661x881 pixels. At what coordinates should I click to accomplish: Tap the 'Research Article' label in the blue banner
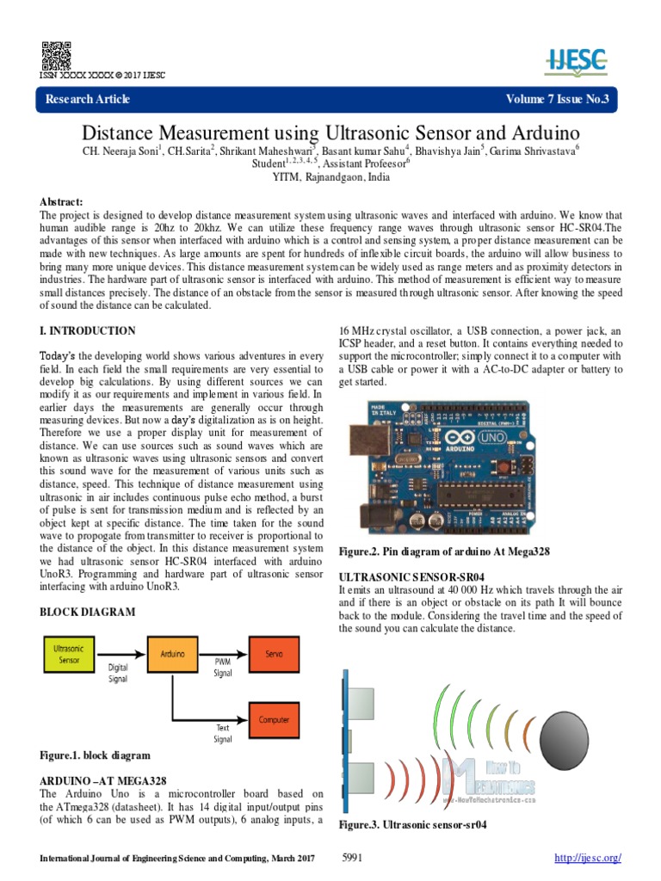click(x=88, y=100)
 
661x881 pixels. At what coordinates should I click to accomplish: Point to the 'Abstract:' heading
click(x=64, y=200)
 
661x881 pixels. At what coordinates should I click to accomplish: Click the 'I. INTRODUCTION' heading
click(x=88, y=330)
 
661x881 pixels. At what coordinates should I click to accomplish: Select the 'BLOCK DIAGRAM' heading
click(x=88, y=612)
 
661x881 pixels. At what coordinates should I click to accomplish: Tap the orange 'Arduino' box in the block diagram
click(x=172, y=654)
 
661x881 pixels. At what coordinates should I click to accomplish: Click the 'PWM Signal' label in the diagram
click(x=223, y=668)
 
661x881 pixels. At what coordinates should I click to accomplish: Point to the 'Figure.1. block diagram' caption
click(x=95, y=755)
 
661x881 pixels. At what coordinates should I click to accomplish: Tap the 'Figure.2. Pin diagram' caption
click(x=444, y=550)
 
